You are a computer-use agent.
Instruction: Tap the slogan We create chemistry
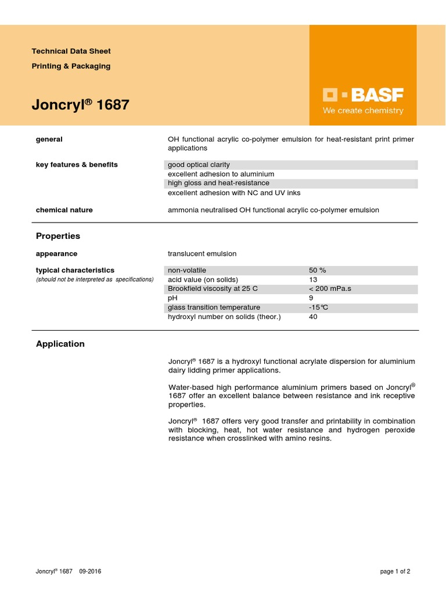coord(363,110)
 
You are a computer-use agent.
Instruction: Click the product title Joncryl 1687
coord(80,105)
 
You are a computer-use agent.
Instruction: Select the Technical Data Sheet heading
coord(71,51)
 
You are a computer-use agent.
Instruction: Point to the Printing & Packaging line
coord(71,66)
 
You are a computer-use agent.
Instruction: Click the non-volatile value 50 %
coord(318,270)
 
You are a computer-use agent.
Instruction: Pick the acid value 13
coord(314,279)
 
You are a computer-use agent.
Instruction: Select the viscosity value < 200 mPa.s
coord(330,289)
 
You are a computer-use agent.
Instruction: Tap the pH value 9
coord(311,298)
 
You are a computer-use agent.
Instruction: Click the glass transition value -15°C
coord(319,307)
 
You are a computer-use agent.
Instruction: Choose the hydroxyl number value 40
coord(314,317)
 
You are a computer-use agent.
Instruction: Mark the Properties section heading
coord(58,236)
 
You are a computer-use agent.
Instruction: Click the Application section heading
coord(60,344)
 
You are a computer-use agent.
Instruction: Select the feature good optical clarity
coord(199,165)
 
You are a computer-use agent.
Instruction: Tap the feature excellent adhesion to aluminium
coord(221,174)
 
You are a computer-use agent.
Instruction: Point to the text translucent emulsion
coord(202,254)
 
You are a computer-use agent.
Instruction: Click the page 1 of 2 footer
coord(395,571)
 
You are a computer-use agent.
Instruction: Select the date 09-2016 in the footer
coord(90,571)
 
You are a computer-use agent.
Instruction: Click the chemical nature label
coord(64,210)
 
